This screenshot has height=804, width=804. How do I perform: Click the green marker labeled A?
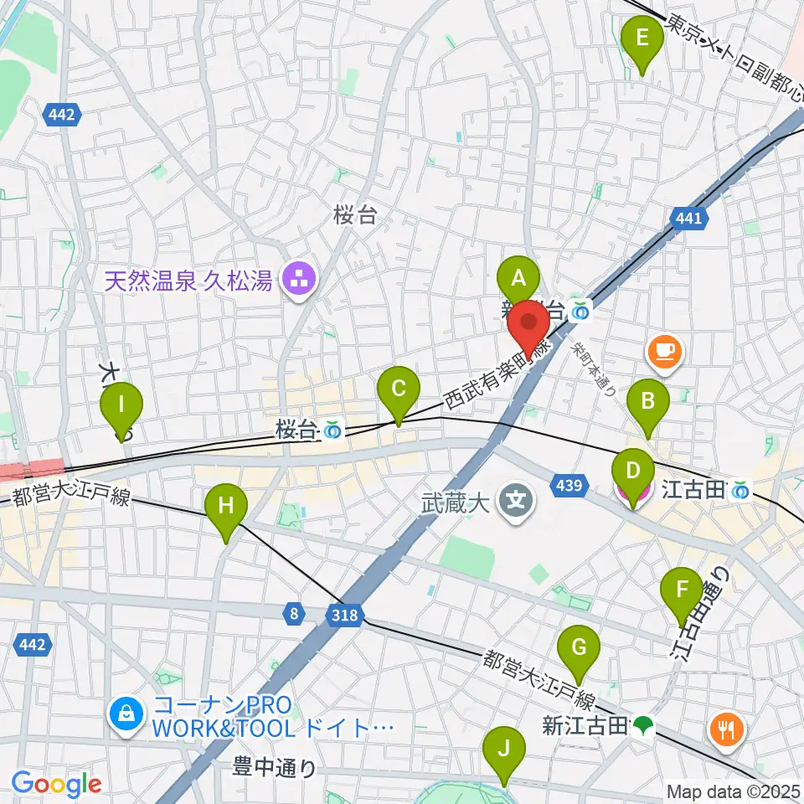point(518,277)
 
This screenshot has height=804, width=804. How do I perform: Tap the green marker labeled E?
point(642,39)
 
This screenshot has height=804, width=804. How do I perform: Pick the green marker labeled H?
point(226,506)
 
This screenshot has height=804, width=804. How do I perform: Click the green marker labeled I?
point(121,405)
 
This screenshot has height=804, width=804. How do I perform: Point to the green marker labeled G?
point(579,648)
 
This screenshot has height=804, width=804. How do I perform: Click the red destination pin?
point(530,325)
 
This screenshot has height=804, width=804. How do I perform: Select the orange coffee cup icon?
point(665,350)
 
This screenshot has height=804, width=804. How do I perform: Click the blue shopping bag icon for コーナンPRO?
point(125,714)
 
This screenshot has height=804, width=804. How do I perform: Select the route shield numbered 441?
point(686,219)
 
